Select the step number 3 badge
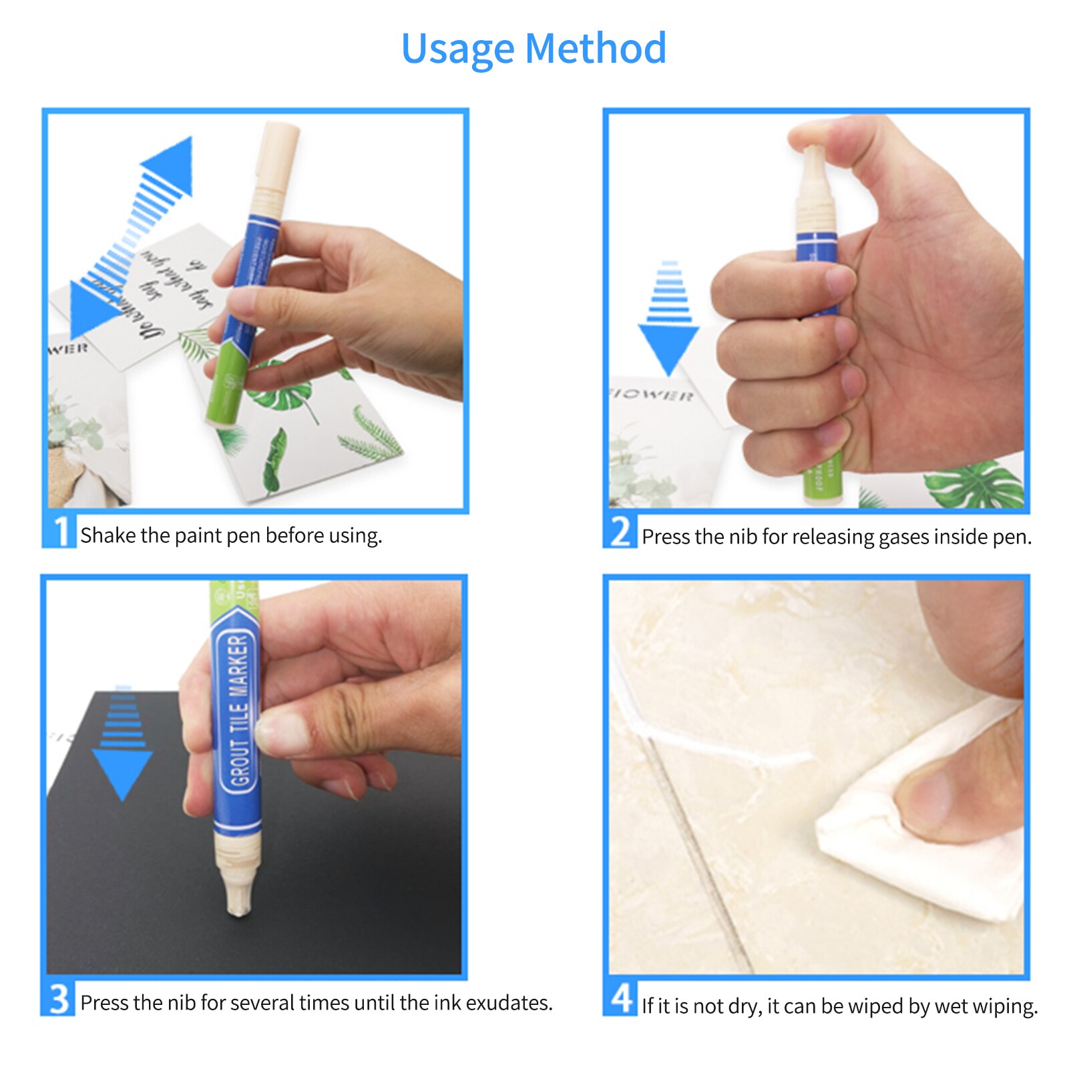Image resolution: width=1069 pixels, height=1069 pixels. point(59,999)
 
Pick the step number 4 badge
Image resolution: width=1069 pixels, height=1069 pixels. point(620,999)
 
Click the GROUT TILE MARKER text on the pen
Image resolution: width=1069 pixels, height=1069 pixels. point(238,710)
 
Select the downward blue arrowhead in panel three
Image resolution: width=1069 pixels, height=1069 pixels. point(122,771)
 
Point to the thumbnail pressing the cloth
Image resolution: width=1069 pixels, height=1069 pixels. point(925,798)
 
